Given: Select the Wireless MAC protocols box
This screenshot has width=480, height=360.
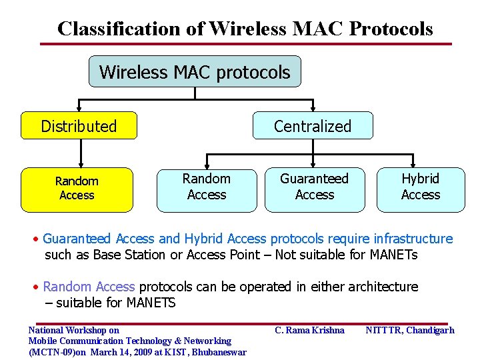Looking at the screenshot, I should click(x=195, y=72).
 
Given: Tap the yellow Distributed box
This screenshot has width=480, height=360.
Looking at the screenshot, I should click(x=79, y=126).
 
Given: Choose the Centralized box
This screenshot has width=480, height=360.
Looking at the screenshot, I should click(x=312, y=126).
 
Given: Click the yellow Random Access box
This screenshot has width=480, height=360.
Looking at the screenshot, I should click(x=77, y=188).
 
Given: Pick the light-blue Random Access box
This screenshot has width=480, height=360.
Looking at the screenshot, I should click(x=207, y=187).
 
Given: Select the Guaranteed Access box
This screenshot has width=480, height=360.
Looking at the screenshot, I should click(x=314, y=187).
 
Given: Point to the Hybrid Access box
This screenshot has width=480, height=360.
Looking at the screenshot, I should click(x=421, y=187).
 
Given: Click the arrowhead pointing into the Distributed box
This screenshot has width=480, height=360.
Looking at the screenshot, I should click(x=79, y=107).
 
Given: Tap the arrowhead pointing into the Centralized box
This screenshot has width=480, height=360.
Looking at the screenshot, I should click(x=312, y=107).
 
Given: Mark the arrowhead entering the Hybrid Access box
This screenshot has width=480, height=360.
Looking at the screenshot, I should click(x=421, y=164).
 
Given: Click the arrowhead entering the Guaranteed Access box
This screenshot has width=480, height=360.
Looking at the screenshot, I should click(x=314, y=164).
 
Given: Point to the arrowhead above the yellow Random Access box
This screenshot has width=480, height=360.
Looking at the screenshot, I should click(x=79, y=163).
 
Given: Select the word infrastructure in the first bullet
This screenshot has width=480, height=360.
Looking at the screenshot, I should click(x=413, y=239).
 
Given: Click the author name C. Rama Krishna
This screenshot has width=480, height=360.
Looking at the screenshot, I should click(x=309, y=330).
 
